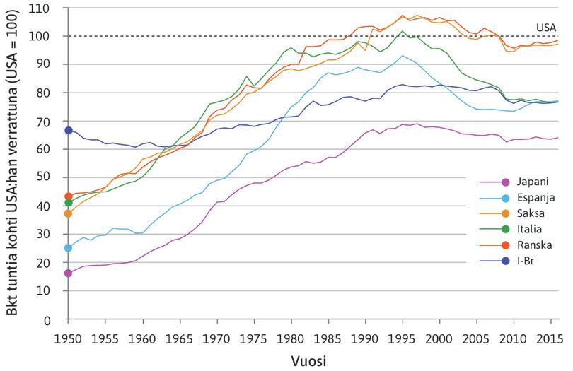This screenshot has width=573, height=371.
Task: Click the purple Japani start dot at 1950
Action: pos(69,273)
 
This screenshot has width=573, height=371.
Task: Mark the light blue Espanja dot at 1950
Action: pos(69,248)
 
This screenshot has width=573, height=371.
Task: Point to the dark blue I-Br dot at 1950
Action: pos(69,130)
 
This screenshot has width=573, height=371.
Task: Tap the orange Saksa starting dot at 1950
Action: pos(69,213)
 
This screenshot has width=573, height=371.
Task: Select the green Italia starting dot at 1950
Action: pos(69,203)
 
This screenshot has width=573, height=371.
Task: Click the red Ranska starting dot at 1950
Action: pos(69,196)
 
